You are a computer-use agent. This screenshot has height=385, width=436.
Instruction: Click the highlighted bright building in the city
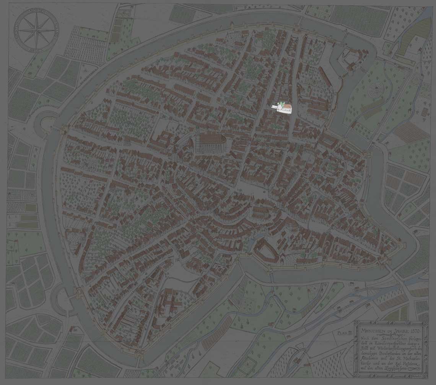[282, 108]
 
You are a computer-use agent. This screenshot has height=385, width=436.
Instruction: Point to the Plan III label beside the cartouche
[344, 333]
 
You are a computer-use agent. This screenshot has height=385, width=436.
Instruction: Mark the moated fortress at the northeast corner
[350, 59]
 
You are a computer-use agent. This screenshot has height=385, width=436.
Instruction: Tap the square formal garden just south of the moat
[248, 306]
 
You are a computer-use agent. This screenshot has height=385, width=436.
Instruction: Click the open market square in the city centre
[245, 188]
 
